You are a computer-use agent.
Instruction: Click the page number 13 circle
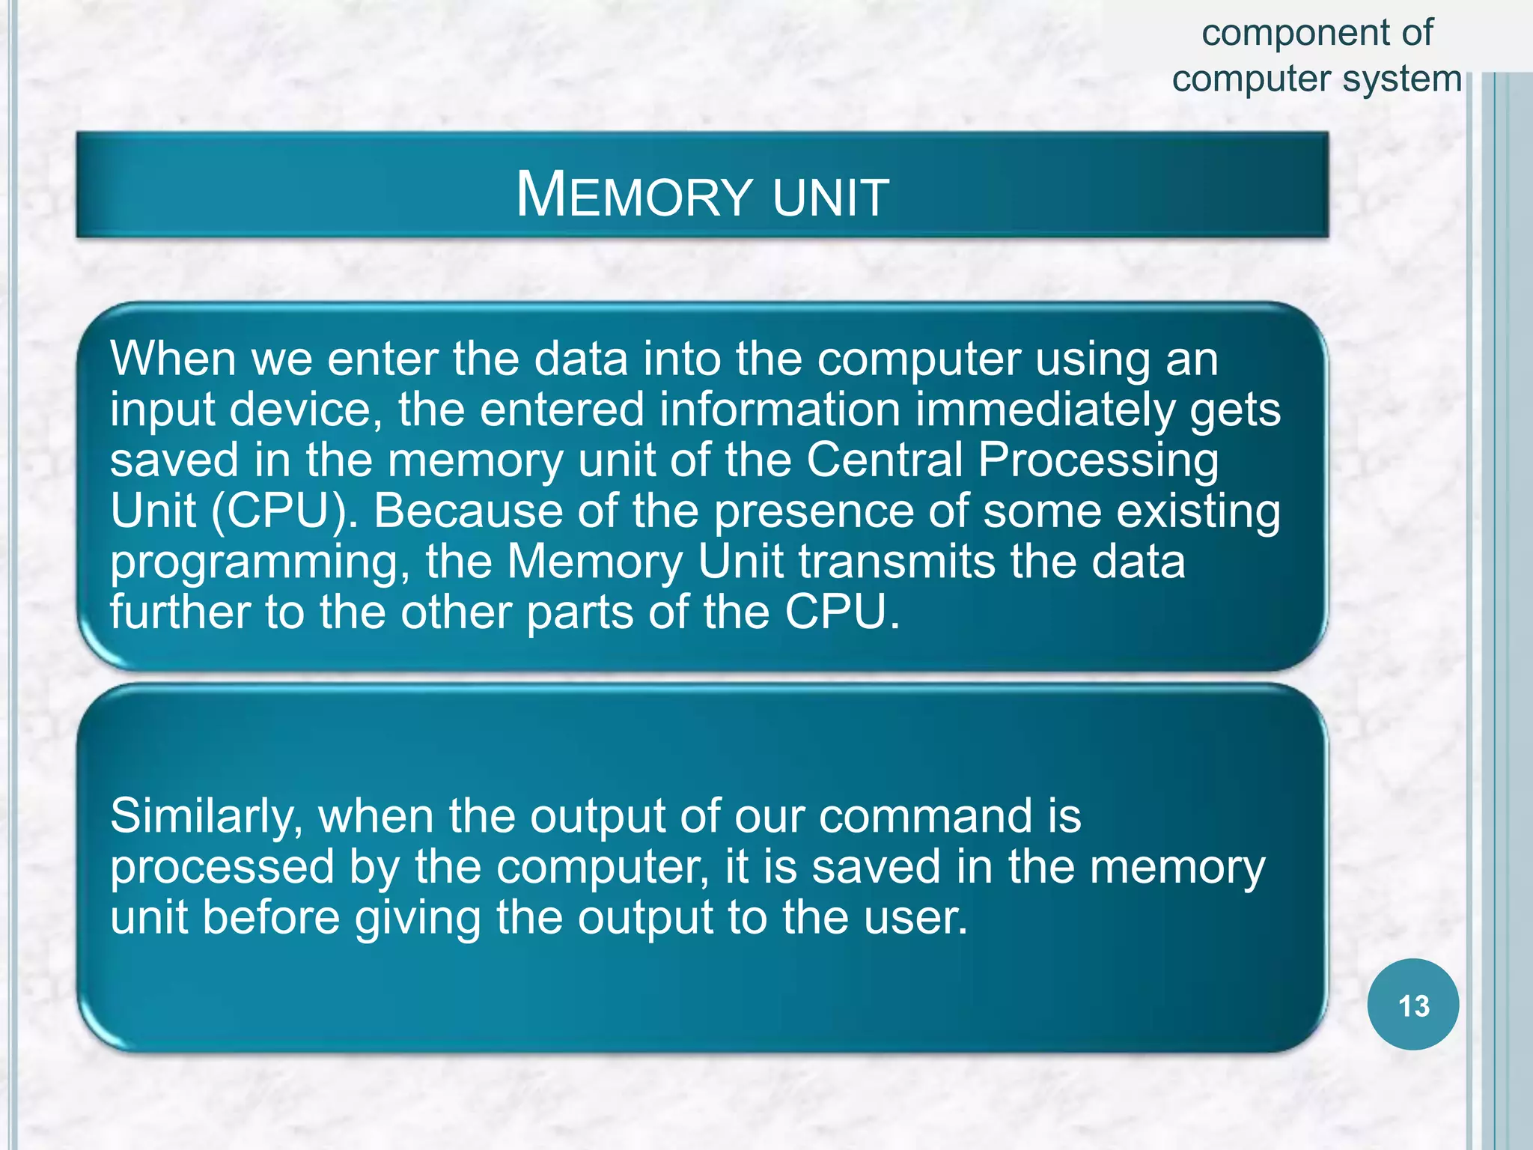[1412, 1005]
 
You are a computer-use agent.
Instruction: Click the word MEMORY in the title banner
[633, 195]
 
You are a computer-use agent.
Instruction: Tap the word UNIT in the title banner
[831, 197]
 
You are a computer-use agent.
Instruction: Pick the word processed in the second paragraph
[222, 868]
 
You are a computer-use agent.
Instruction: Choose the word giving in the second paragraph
[418, 919]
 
